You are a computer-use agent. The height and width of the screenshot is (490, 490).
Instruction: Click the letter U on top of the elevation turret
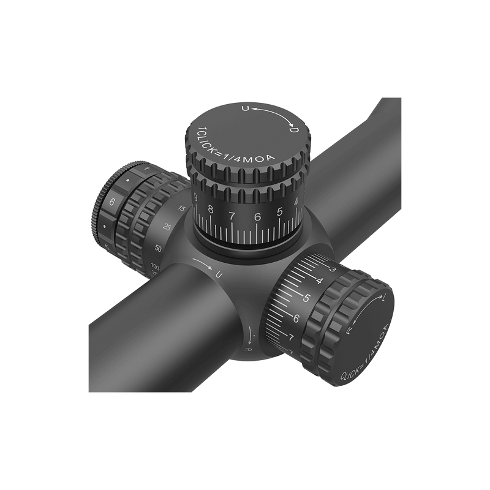click(246, 109)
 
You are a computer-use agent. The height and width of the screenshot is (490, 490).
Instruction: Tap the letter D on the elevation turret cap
click(293, 130)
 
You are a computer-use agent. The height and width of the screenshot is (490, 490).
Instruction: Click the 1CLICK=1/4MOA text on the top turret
click(236, 151)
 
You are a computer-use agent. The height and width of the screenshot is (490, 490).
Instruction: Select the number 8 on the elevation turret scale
click(211, 210)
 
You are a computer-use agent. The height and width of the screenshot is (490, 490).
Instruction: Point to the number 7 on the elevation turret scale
click(232, 215)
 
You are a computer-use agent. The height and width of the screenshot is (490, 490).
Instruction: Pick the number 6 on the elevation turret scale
click(257, 216)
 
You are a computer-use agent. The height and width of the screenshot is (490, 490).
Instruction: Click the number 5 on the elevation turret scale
click(280, 212)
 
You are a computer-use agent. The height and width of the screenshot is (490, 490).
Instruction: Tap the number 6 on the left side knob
click(112, 202)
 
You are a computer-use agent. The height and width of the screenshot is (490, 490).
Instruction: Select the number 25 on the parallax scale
click(167, 228)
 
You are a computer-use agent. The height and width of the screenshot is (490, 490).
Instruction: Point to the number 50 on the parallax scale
click(158, 248)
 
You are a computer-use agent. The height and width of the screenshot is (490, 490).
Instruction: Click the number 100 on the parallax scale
click(155, 268)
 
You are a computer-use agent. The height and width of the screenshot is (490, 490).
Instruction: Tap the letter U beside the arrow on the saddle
click(219, 276)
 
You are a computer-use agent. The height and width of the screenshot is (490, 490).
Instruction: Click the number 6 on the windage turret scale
click(296, 318)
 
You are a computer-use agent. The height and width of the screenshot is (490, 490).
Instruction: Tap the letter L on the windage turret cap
click(383, 300)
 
